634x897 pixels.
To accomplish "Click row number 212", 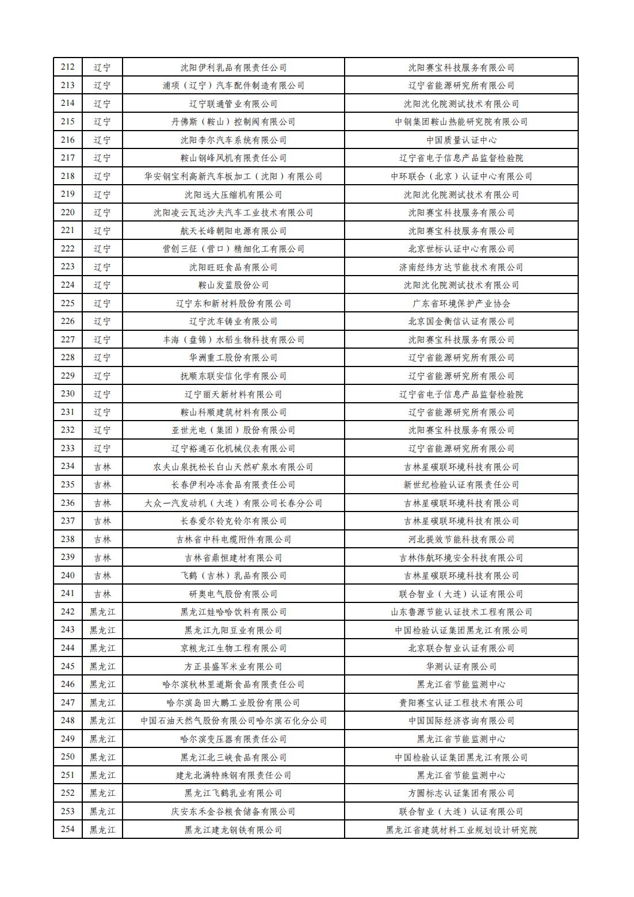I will coord(68,67).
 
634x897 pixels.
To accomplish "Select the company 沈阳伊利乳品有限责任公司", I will coord(234,67).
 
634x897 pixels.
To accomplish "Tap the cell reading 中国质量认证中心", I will coord(461,140).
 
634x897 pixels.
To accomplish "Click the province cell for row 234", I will coord(102,467).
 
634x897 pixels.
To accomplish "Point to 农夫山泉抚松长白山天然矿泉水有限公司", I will coord(234,467).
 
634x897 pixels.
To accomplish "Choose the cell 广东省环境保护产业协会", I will coord(461,303).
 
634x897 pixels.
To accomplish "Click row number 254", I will coord(68,830).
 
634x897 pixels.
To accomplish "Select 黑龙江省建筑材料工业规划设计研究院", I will coord(461,830).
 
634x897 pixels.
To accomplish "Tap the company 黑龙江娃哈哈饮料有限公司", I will coord(234,612).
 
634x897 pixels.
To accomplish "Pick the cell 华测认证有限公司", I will coord(461,666).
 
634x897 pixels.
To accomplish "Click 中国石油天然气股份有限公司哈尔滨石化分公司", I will coord(234,720).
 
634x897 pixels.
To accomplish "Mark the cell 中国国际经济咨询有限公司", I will coord(461,720).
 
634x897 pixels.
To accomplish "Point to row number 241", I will coord(68,594).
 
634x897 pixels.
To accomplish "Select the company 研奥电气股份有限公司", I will coord(234,594).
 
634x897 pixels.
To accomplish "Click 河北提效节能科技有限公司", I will coord(461,539).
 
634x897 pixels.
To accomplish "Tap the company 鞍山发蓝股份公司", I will coord(234,285).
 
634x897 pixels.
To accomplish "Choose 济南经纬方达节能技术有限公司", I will coord(461,267).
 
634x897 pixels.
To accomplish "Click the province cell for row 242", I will coord(102,612).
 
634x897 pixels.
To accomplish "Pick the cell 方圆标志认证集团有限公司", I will coord(461,793).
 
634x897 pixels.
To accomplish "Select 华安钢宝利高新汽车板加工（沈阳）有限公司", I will coord(234,176).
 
